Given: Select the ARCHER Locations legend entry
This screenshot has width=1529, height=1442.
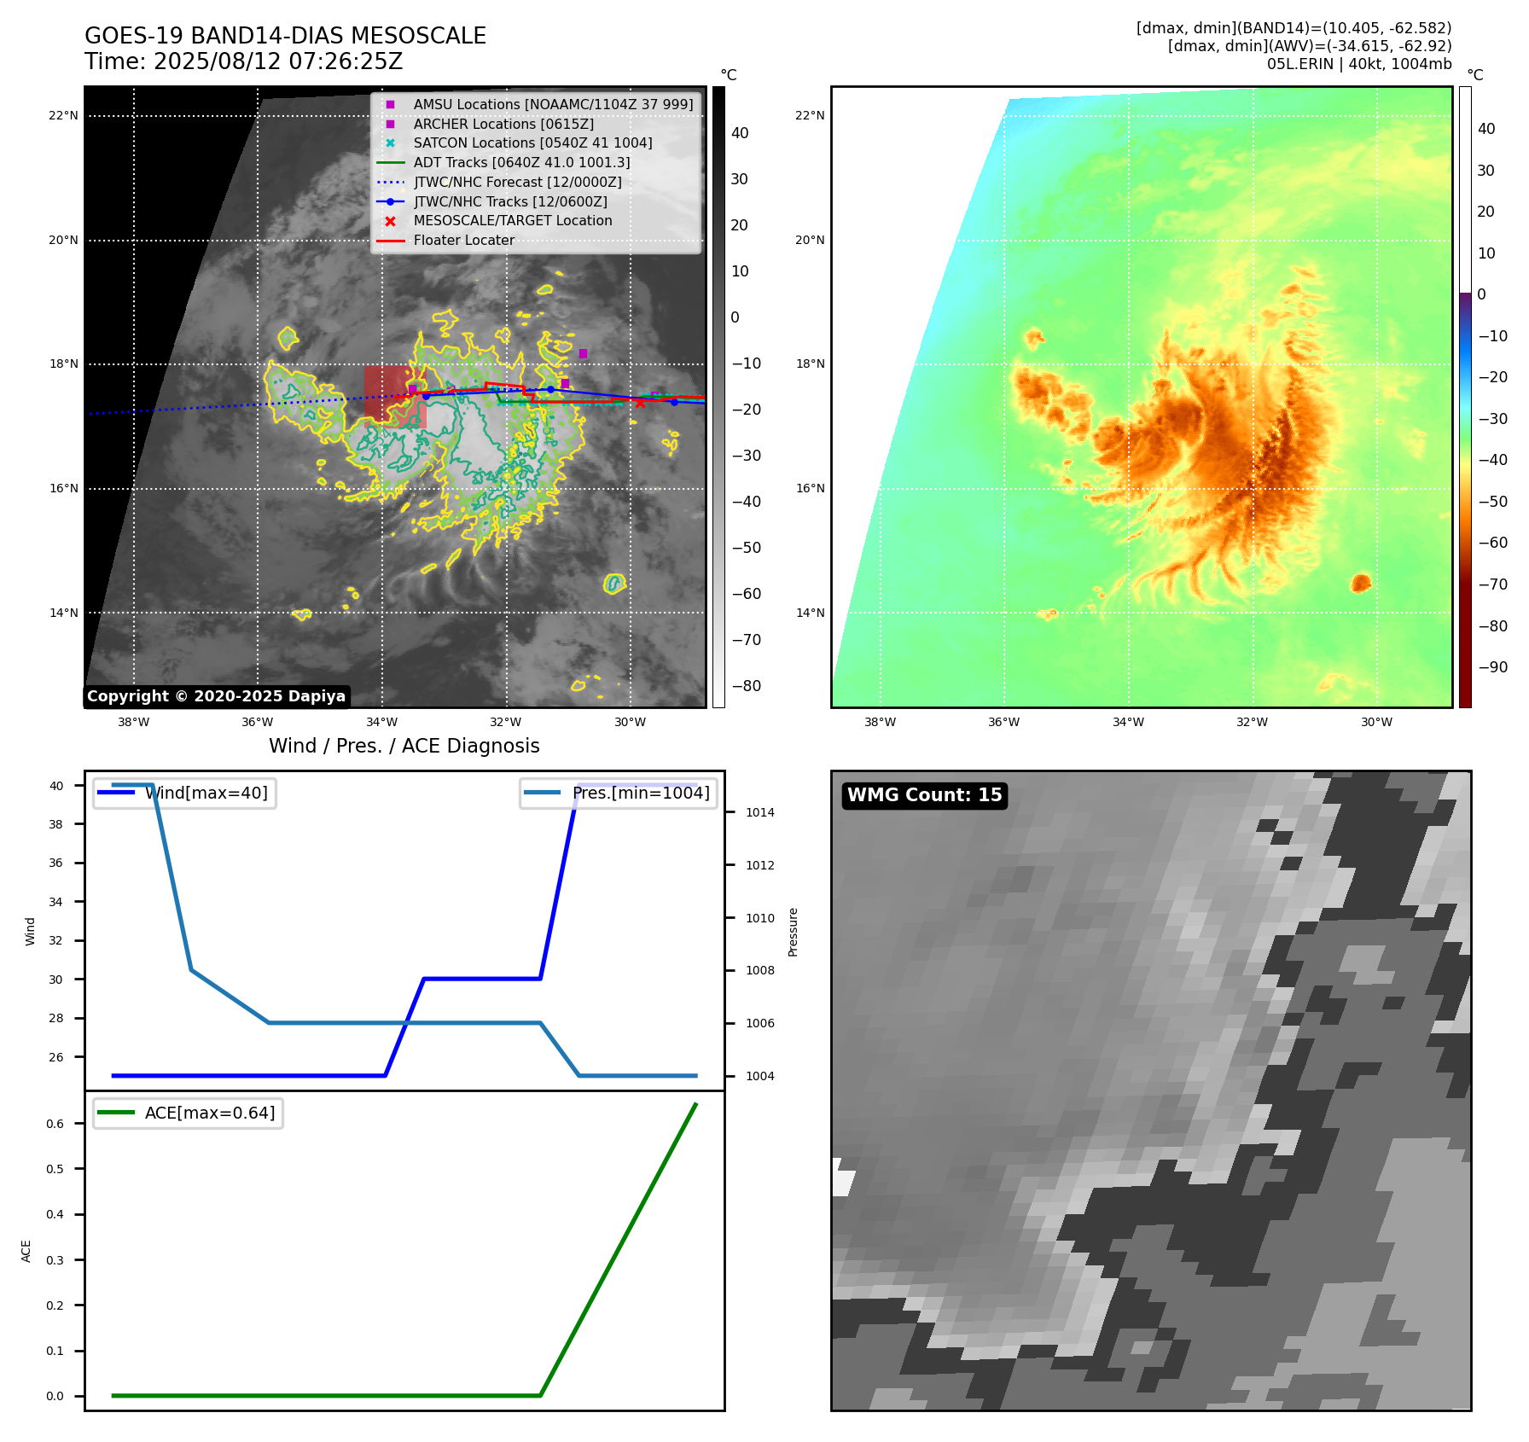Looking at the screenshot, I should point(503,124).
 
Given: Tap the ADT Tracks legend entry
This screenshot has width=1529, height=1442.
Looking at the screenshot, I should point(521,162).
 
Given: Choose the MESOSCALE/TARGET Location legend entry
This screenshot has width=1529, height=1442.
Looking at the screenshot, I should point(513,220).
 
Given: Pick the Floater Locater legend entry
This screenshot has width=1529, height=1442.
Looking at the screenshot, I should point(464,240).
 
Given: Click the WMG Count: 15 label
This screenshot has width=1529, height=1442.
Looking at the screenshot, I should point(924,795).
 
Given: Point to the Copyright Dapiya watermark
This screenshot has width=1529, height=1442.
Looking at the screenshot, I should point(216,696).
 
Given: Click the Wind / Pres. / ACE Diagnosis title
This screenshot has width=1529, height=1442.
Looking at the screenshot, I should point(404,746).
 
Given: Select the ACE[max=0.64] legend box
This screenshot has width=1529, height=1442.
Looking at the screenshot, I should point(188,1113).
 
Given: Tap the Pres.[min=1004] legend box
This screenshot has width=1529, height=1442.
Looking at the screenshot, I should point(619,794).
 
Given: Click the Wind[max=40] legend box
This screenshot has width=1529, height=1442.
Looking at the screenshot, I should point(184,794).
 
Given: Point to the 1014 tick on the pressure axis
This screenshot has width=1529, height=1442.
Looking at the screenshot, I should point(759,812).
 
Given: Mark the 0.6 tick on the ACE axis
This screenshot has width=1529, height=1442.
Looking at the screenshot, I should point(55,1124).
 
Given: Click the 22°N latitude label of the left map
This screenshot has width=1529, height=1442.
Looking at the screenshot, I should point(63,116).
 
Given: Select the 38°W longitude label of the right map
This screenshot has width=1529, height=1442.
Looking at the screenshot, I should point(880,722).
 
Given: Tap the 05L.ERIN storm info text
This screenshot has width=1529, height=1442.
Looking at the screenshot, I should point(1358,64).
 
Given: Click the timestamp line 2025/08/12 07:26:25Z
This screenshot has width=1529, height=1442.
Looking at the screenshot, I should point(243,62).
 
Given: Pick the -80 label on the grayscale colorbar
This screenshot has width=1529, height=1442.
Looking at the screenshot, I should point(746,686).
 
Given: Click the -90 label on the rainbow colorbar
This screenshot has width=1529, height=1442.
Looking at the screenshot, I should point(1492,667).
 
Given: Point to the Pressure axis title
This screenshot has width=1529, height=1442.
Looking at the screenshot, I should point(793,932).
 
